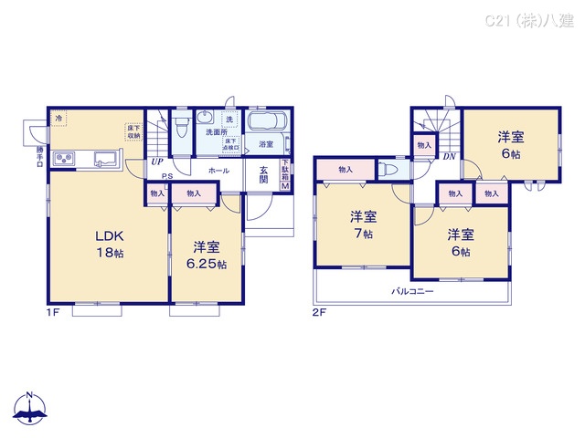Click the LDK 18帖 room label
[x=110, y=244]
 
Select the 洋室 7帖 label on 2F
[x=363, y=224]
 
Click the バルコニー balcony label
[x=413, y=291]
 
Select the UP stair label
[x=157, y=163]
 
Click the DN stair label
[x=449, y=156]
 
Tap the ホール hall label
[x=219, y=171]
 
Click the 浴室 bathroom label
[x=266, y=144]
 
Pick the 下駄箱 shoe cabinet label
[x=284, y=174]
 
